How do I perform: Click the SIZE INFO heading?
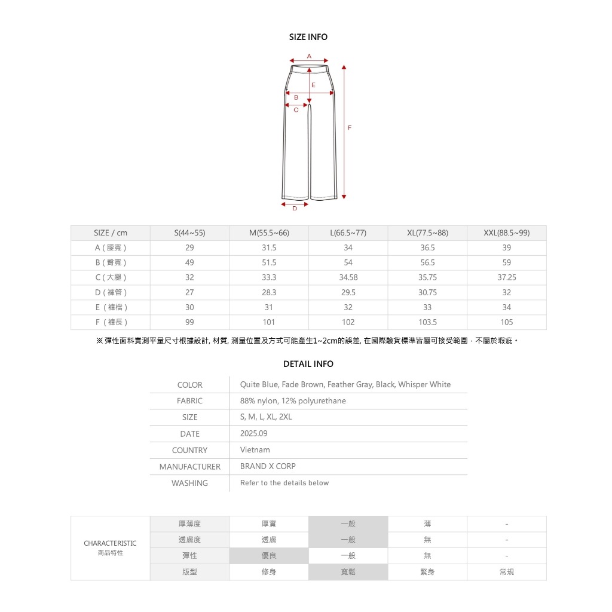coord(308,37)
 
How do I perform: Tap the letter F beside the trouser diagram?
coord(349,128)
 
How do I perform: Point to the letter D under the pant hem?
coord(295,209)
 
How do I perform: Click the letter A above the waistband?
coord(309,56)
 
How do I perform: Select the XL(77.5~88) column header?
coord(427,233)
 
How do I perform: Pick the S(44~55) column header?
coord(189,233)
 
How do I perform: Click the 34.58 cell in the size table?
coord(348,277)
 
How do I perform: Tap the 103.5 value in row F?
coord(427,322)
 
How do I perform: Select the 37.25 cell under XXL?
coord(507,277)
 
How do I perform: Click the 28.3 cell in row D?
coord(269,292)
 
